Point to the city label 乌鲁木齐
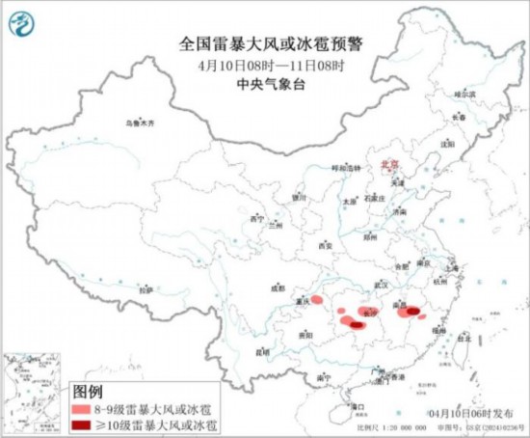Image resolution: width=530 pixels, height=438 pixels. pyautogui.click(x=140, y=123)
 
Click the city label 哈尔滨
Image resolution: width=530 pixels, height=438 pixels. pyautogui.click(x=465, y=95)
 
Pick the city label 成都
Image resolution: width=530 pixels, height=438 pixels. pyautogui.click(x=278, y=287)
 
